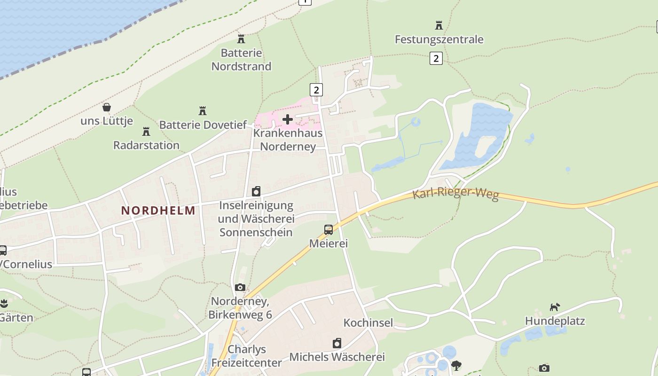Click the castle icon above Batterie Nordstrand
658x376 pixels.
coord(241,39)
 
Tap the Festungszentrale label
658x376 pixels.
coord(439,39)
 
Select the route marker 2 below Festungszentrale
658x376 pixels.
coord(436,58)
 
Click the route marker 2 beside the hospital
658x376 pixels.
coord(316,89)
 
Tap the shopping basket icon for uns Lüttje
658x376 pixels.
coord(107,108)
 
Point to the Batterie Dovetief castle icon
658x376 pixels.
coord(203,111)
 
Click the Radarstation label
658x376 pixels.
coord(146,145)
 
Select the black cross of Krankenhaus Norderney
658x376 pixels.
coord(288,119)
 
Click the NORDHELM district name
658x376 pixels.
coord(158,211)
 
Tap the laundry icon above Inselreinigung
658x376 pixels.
coord(256,191)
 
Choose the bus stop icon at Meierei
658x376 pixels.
coord(329,230)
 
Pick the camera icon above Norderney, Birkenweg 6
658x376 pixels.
coord(240,287)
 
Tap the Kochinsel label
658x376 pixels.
coord(368,323)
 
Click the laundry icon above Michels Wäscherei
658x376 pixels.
coord(337,344)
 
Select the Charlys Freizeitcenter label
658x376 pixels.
coord(247,356)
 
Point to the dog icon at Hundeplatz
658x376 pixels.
coord(555,307)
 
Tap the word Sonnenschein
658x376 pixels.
coord(256,232)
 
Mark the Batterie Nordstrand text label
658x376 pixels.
coord(241,60)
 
